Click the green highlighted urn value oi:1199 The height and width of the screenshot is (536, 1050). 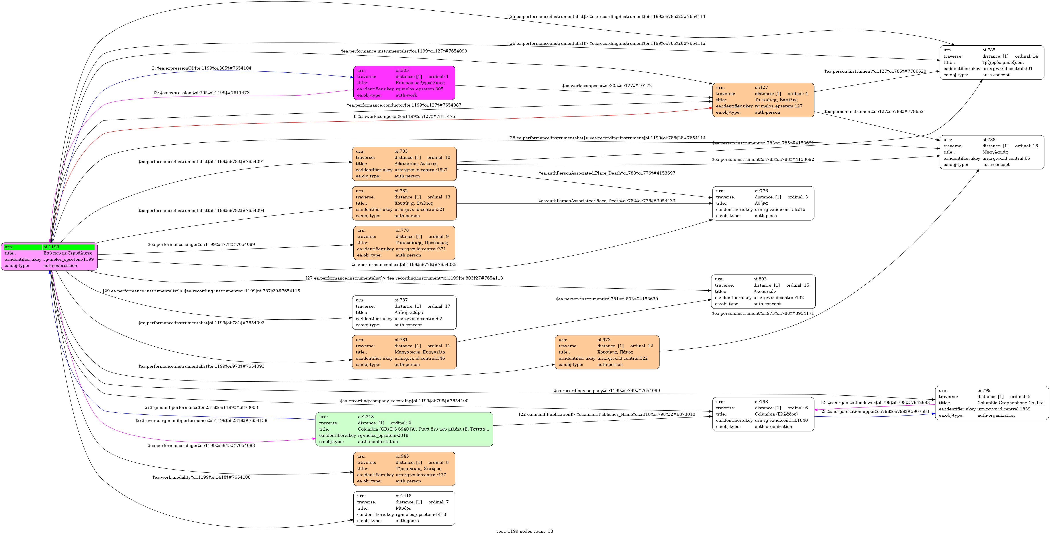pyautogui.click(x=69, y=247)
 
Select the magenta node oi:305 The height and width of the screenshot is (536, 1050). pyautogui.click(x=404, y=83)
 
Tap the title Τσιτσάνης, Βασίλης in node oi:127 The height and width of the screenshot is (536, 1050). pyautogui.click(x=776, y=100)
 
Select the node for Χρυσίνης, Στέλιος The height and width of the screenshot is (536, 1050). pyautogui.click(x=404, y=203)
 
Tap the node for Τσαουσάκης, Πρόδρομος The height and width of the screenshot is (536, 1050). pyautogui.click(x=404, y=243)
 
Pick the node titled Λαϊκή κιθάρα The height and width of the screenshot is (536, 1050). pyautogui.click(x=404, y=312)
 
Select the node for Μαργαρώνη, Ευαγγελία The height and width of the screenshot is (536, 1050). pyautogui.click(x=404, y=352)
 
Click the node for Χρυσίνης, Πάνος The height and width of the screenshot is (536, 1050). pyautogui.click(x=607, y=352)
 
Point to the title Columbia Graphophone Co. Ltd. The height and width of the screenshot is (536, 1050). pyautogui.click(x=1011, y=403)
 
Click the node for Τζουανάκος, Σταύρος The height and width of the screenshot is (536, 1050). pyautogui.click(x=404, y=468)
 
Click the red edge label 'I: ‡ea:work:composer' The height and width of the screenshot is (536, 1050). pyautogui.click(x=404, y=117)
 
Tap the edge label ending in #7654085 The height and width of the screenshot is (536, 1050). pyautogui.click(x=404, y=265)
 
